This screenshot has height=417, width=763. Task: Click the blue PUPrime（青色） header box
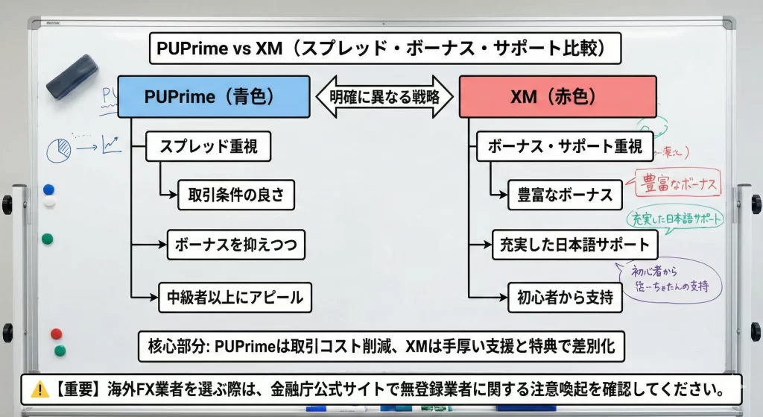pos(214,96)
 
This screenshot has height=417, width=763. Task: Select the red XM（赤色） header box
pos(557,96)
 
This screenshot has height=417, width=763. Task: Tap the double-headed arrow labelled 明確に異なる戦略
pos(384,96)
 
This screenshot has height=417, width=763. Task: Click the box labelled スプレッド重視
pos(207,146)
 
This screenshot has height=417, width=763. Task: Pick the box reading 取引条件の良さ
pos(236,195)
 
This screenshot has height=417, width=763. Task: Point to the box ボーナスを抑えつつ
pos(236,244)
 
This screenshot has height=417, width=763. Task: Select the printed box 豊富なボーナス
pos(565,195)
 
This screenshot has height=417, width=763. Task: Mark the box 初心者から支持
pos(565,297)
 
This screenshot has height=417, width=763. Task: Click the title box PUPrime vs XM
pos(385,49)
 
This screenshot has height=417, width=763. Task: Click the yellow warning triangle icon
pos(39,389)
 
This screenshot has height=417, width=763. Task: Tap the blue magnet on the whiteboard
pos(48,189)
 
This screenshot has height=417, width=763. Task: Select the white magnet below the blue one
pos(49,202)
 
